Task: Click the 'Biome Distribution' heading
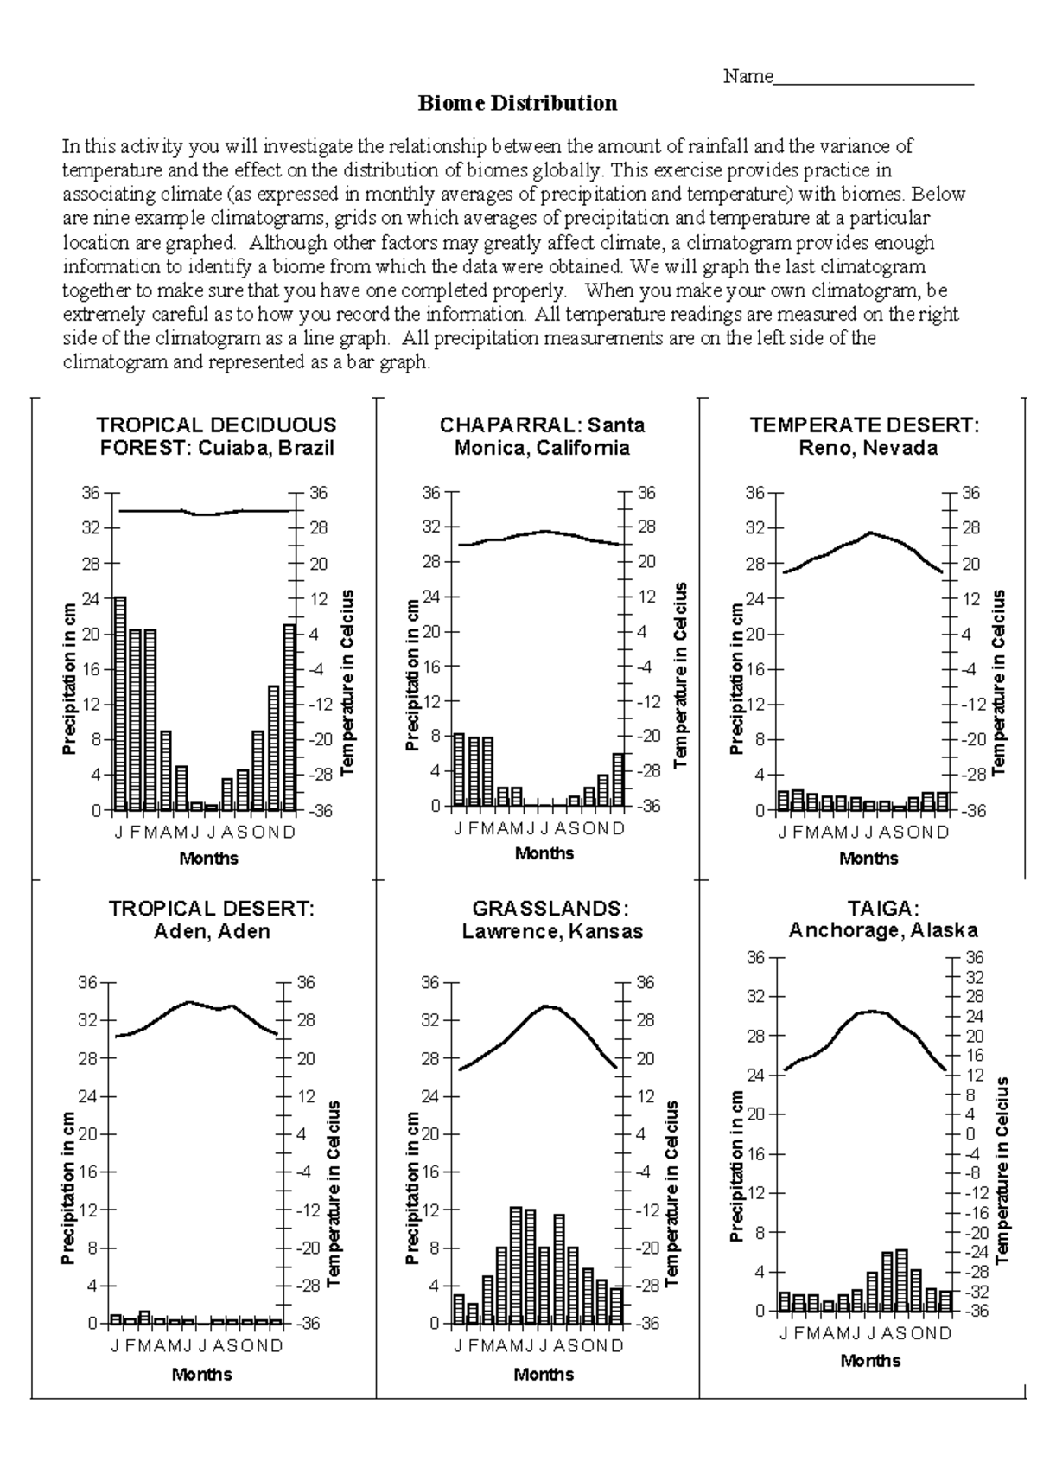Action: point(518,104)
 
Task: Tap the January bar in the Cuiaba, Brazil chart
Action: point(120,703)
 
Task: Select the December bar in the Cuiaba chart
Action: point(289,717)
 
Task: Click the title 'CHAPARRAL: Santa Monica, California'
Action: point(542,437)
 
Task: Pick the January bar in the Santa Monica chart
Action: point(459,769)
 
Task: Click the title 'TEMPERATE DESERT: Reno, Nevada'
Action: point(865,437)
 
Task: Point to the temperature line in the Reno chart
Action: point(869,533)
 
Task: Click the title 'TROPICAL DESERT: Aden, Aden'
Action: point(212,920)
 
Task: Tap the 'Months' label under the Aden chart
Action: point(202,1374)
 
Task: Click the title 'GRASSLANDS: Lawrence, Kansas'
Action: point(552,920)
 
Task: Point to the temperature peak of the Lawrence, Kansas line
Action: point(546,1006)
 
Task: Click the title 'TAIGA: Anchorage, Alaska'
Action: point(882,919)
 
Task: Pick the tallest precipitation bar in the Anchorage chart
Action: point(901,1280)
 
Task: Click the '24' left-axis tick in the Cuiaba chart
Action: point(91,598)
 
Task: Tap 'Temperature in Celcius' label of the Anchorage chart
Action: point(1002,1170)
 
